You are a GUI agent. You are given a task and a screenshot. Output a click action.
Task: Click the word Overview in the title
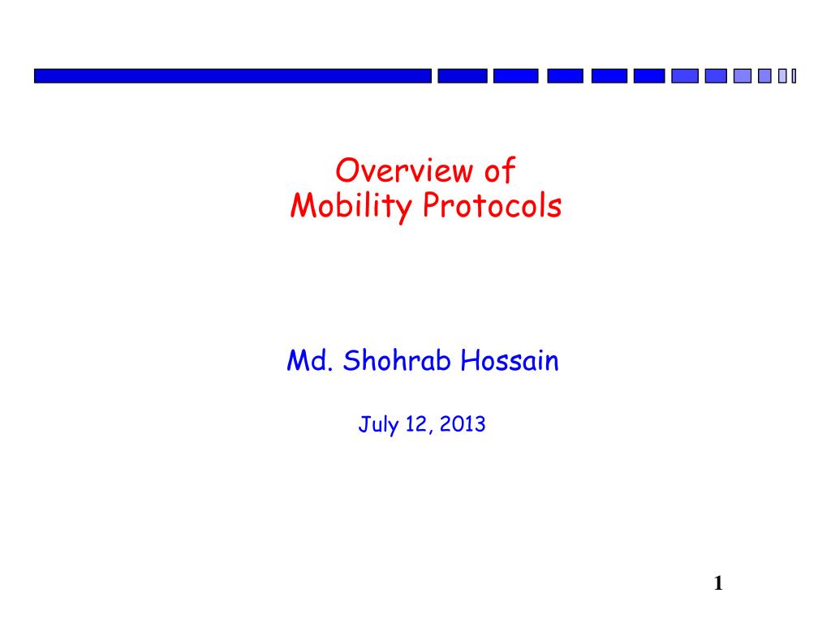pos(404,170)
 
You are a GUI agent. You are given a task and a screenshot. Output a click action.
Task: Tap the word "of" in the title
pos(500,170)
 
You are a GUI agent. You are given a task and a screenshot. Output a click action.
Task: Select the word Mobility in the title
pos(351,207)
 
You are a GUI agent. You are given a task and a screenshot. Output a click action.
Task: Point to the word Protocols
pos(493,205)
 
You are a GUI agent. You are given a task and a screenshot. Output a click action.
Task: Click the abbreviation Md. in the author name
pos(310,361)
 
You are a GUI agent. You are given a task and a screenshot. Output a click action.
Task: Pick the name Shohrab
pos(397,360)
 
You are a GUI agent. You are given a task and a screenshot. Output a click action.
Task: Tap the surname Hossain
pos(510,361)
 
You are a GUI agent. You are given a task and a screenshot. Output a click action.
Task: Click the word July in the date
pos(378,425)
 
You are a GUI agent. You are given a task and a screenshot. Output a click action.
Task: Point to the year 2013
pos(462,424)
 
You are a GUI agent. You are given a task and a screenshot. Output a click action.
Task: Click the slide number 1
pos(718,583)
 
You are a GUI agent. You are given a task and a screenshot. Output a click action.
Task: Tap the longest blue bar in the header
pos(233,75)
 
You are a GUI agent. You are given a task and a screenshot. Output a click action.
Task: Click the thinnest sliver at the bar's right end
pos(794,76)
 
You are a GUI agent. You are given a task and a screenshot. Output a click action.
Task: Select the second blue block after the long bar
pos(515,75)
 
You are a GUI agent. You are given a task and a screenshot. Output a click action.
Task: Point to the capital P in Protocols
pos(433,205)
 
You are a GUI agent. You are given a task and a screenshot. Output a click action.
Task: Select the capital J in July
pos(364,424)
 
